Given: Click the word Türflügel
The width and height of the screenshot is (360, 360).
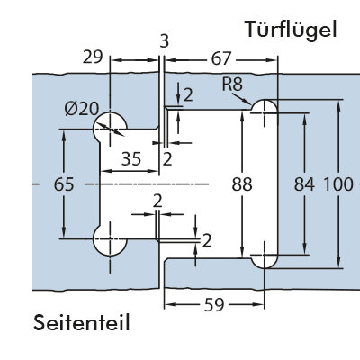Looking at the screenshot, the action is click(x=291, y=30).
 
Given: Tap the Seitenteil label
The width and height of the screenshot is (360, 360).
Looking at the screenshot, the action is click(x=82, y=323).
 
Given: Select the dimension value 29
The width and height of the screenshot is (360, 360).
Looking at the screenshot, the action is click(x=93, y=57).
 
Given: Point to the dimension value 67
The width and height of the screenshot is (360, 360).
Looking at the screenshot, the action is click(x=221, y=58).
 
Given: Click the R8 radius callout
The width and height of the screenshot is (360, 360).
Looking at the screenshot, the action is click(x=232, y=85).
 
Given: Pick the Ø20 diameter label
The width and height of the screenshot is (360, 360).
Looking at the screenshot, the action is click(x=81, y=109).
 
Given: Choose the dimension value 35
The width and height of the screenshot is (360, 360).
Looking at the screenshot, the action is click(x=131, y=158).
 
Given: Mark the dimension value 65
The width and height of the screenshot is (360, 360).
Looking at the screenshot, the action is click(x=64, y=184).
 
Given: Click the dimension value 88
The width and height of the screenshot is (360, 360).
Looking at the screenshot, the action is click(x=242, y=184).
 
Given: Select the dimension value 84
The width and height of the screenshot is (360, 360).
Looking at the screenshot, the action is click(x=304, y=184).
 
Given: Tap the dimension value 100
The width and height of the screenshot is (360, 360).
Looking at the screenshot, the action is click(x=338, y=184).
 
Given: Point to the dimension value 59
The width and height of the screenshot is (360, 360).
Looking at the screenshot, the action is click(x=214, y=305).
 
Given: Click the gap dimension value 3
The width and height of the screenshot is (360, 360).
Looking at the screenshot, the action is click(x=165, y=41).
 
